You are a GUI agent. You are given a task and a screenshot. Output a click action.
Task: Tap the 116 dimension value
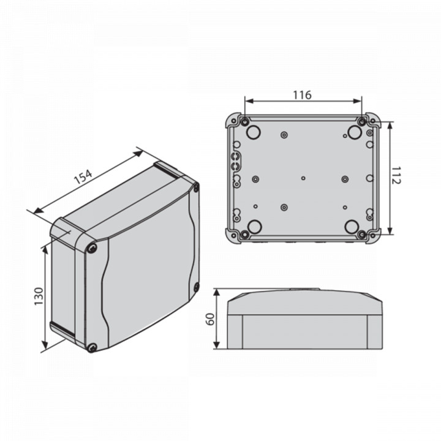[x=302, y=94]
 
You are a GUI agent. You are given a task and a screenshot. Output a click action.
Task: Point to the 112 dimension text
[x=396, y=178]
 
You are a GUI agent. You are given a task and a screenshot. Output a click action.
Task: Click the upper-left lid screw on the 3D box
[x=92, y=248]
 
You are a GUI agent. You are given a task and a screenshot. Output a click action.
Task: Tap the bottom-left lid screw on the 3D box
[x=92, y=348]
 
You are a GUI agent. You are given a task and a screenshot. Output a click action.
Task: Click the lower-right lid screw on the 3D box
[x=196, y=288]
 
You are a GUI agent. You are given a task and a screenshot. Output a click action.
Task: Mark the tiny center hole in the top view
[x=303, y=178]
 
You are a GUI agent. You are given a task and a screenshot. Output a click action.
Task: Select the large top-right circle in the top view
[x=353, y=131]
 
